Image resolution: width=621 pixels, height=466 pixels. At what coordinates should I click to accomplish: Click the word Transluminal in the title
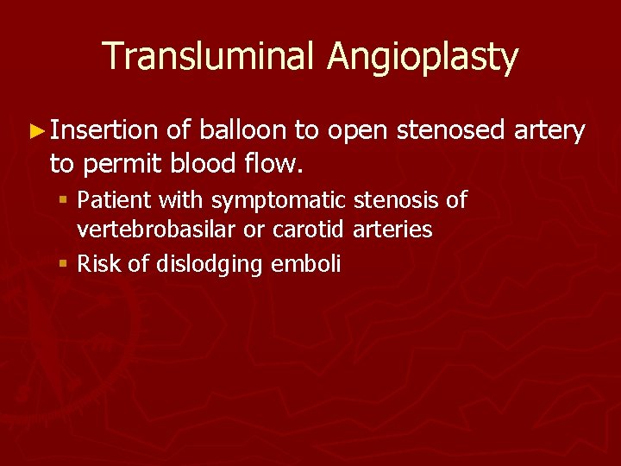tap(210, 57)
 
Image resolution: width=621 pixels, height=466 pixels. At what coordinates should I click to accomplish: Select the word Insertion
tap(103, 131)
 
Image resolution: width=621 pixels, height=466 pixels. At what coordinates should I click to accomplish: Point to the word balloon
tap(243, 131)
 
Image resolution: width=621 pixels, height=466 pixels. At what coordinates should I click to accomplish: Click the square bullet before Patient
tap(66, 201)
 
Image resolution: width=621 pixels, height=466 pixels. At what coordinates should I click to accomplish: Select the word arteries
tap(392, 230)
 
